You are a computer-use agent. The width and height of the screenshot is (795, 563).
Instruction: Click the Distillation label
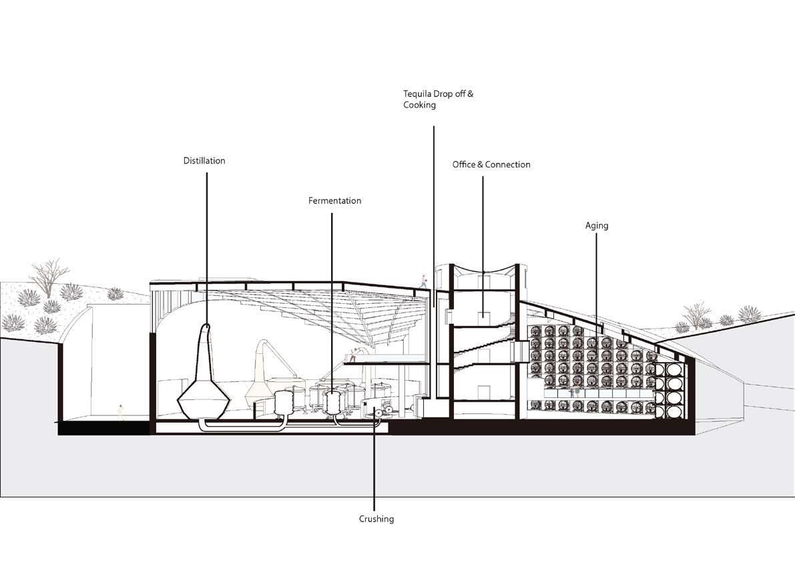pyautogui.click(x=204, y=161)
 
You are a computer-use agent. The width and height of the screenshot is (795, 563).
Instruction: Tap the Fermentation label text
pyautogui.click(x=334, y=201)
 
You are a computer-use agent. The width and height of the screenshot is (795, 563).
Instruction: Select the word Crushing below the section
pyautogui.click(x=376, y=519)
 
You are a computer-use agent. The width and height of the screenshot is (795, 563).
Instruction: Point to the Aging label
pyautogui.click(x=597, y=226)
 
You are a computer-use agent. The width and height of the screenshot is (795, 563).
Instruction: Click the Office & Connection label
pyautogui.click(x=491, y=164)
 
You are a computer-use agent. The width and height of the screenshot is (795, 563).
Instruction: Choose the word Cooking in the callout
pyautogui.click(x=419, y=106)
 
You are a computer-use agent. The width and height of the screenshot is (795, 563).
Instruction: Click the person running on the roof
pyautogui.click(x=423, y=281)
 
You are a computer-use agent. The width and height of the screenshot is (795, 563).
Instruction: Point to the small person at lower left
pyautogui.click(x=120, y=413)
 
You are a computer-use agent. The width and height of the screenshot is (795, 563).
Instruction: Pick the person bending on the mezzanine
pyautogui.click(x=353, y=355)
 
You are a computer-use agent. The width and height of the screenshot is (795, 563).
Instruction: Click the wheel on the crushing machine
pyautogui.click(x=378, y=413)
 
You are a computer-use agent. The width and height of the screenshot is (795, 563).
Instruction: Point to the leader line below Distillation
pyautogui.click(x=206, y=247)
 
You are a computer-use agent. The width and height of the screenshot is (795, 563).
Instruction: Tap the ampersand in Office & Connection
pyautogui.click(x=481, y=164)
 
